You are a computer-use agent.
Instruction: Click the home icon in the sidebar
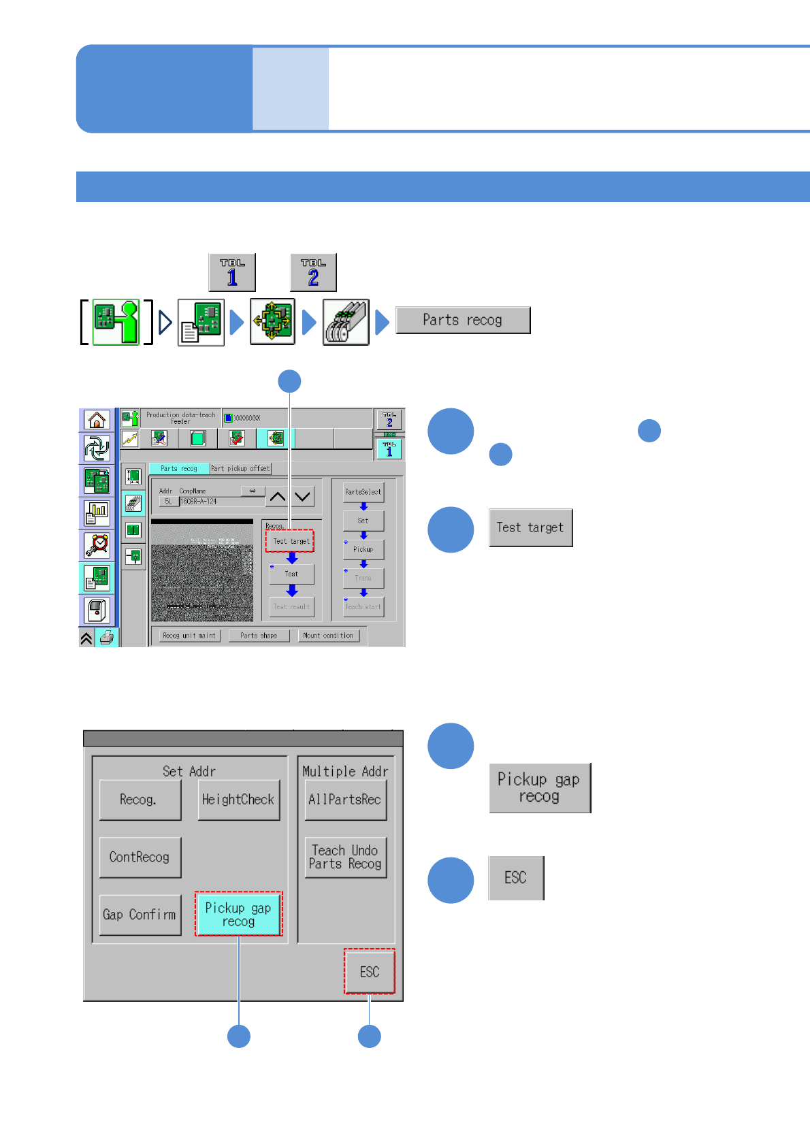pyautogui.click(x=97, y=420)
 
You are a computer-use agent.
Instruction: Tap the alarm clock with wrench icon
pyautogui.click(x=97, y=545)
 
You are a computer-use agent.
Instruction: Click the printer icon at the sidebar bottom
pyautogui.click(x=107, y=638)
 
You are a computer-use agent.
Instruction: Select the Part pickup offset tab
pyautogui.click(x=240, y=468)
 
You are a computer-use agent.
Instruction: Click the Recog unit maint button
pyautogui.click(x=189, y=636)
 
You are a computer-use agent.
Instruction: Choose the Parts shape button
pyautogui.click(x=259, y=636)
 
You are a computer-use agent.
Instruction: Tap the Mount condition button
pyautogui.click(x=328, y=636)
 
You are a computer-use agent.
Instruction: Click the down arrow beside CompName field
pyautogui.click(x=303, y=497)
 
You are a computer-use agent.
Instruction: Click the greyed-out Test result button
pyautogui.click(x=291, y=606)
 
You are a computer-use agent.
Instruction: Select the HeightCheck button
pyautogui.click(x=238, y=800)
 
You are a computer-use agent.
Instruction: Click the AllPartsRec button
pyautogui.click(x=345, y=800)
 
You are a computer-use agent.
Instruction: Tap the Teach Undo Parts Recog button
pyautogui.click(x=345, y=857)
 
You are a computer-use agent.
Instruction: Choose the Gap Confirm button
pyautogui.click(x=140, y=915)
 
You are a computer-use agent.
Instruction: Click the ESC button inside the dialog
pyautogui.click(x=369, y=972)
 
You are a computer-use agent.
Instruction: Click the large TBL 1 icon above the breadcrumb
pyautogui.click(x=232, y=272)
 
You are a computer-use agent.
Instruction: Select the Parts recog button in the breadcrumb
pyautogui.click(x=462, y=320)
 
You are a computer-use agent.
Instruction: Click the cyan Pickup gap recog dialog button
pyautogui.click(x=238, y=915)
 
